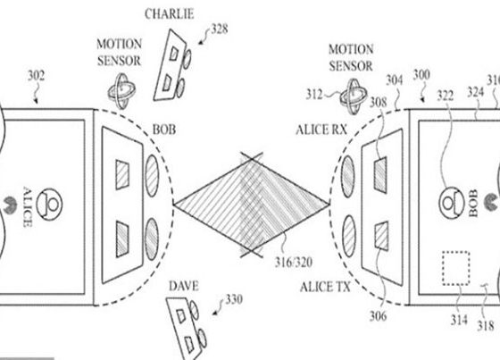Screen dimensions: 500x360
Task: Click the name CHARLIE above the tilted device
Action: point(169,14)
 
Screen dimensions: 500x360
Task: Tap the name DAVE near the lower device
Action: point(183,286)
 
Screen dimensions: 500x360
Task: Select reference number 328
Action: point(220,29)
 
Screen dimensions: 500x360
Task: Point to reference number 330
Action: point(234,299)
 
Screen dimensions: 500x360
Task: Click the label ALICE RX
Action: point(321,130)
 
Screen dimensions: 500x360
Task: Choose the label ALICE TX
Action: point(325,288)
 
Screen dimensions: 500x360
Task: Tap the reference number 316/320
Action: point(294,263)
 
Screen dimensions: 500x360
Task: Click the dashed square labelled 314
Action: point(455,268)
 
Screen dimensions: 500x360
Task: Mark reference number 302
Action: point(36,76)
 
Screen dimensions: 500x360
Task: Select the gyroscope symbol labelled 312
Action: point(354,96)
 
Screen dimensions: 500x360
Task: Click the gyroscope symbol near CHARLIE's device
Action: point(121,91)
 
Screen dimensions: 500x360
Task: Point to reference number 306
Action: point(379,316)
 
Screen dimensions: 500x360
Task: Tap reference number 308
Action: point(379,103)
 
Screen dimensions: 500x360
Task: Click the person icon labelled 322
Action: point(452,203)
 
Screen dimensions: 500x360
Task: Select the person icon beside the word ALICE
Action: point(49,205)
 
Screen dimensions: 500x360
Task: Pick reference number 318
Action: point(486,325)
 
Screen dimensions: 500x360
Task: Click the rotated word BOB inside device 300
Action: point(474,203)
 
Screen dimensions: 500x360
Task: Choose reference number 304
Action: point(395,80)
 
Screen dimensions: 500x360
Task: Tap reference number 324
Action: point(476,93)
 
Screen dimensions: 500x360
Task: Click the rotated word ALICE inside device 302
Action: point(28,207)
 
